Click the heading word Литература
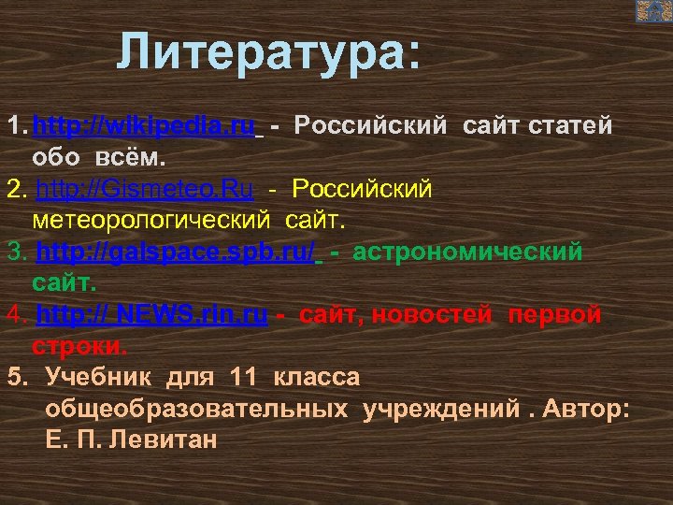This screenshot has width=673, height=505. click(268, 53)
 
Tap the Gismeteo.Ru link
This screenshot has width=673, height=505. click(144, 190)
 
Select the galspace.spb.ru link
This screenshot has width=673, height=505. click(175, 252)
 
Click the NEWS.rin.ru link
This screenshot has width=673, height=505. click(151, 315)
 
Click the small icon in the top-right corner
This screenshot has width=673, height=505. click(653, 11)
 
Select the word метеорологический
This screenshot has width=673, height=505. click(150, 221)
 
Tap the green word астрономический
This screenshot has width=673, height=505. click(467, 252)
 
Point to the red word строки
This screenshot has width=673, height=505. click(78, 346)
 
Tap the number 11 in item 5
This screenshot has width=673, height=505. click(241, 377)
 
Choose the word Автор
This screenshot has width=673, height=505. click(586, 409)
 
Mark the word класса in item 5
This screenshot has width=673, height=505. click(316, 377)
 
